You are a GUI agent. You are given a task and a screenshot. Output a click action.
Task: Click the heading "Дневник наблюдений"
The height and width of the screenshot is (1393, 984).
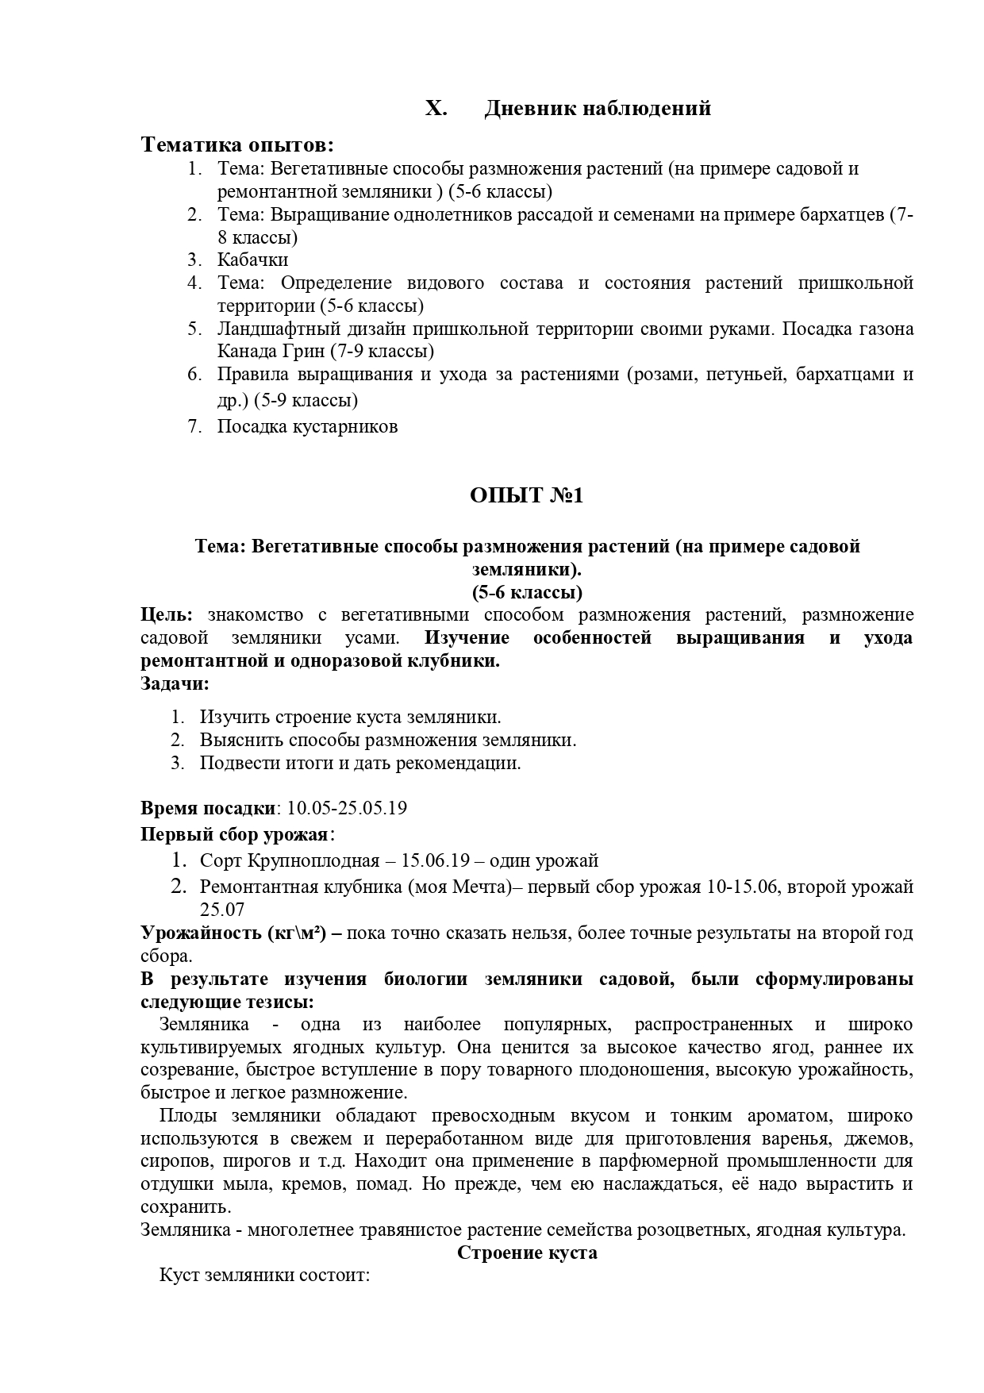click(x=597, y=108)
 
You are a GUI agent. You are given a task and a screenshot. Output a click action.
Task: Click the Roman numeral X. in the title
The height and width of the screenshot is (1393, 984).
click(x=436, y=108)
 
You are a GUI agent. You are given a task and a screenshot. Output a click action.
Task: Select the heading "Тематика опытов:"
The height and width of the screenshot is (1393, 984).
click(x=237, y=145)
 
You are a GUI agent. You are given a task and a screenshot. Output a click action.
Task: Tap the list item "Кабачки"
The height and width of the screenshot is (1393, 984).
click(x=252, y=260)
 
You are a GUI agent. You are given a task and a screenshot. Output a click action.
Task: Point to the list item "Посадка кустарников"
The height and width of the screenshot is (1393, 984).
click(x=307, y=426)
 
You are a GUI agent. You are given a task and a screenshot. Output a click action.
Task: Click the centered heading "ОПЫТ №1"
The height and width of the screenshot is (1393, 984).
click(x=526, y=495)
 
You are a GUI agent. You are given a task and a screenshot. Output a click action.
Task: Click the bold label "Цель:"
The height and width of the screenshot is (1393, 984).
click(x=166, y=614)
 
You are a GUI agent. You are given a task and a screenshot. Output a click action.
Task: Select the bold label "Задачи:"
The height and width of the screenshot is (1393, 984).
click(x=175, y=683)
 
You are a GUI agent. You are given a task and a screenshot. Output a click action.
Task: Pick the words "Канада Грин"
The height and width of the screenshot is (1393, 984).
click(x=256, y=351)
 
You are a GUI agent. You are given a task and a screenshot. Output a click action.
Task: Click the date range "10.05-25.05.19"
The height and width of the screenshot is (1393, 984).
click(x=347, y=808)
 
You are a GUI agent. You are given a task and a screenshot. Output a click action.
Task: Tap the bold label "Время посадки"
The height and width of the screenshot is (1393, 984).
click(x=207, y=808)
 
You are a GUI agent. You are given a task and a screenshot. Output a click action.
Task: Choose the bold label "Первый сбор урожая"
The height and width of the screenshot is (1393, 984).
click(x=235, y=834)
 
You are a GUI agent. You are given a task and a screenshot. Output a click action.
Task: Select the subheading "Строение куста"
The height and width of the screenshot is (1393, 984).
click(x=527, y=1253)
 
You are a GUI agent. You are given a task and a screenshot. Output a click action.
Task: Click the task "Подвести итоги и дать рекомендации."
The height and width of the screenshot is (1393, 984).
click(x=360, y=763)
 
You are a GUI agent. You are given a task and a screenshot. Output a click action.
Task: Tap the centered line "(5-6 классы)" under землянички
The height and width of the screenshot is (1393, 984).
click(x=527, y=592)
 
